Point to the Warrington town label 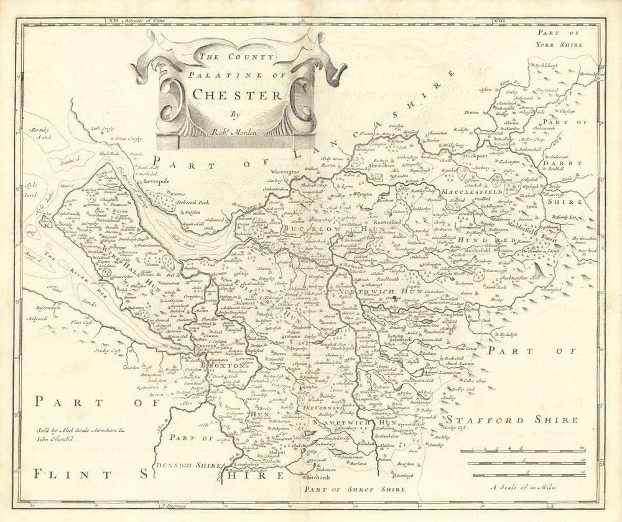(284, 171)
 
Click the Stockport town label (474, 156)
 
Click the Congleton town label (450, 315)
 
